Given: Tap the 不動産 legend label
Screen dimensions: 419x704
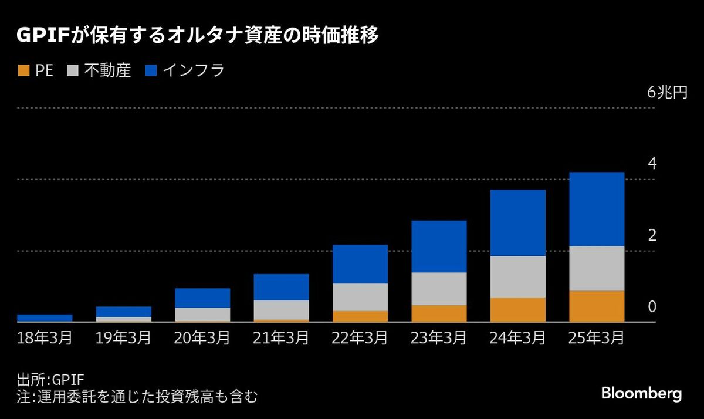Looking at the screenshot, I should point(107,70).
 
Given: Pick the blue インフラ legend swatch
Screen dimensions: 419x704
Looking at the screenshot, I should point(151,70).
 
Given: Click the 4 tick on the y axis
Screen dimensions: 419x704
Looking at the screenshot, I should point(651,164).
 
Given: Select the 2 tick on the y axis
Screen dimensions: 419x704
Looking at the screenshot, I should point(651,236).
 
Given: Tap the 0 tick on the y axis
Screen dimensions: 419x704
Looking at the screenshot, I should point(651,307).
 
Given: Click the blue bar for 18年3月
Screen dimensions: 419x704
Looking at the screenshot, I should point(45,318).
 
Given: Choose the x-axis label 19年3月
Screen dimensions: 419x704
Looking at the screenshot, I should point(123,339).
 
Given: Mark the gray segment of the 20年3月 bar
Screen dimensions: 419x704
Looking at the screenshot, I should point(202,314).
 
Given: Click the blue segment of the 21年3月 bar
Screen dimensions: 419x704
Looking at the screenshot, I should point(281,287).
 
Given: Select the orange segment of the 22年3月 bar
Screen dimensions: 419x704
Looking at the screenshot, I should point(360,316).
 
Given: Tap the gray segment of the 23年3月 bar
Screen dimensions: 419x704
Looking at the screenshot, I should point(439,288).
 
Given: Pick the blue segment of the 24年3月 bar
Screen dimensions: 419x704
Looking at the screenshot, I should point(518,222).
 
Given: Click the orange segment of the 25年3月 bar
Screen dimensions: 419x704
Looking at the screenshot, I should point(597,306).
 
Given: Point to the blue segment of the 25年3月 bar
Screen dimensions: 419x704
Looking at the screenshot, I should point(597,209).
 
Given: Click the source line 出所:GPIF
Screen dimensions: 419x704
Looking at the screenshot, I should point(51,379).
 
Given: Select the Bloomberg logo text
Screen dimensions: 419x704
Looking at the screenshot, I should point(641,394).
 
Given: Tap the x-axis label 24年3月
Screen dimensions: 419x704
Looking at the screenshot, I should point(518,339).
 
